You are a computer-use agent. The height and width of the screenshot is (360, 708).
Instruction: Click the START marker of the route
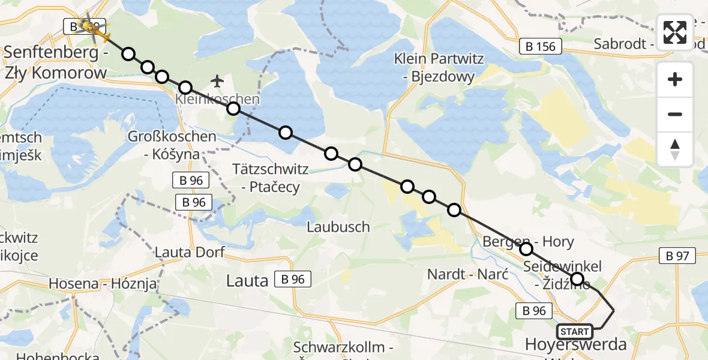click(x=575, y=331)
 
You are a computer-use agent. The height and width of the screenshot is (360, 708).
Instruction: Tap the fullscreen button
click(x=675, y=32)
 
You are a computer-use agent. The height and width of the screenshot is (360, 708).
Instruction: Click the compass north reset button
click(x=675, y=149)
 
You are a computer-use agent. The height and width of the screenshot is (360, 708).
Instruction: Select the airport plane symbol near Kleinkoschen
click(x=217, y=80)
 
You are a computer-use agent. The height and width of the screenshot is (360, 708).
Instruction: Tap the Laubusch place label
click(x=338, y=227)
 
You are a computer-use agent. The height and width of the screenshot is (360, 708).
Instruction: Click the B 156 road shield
click(x=541, y=46)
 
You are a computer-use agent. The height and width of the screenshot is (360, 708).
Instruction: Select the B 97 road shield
click(x=677, y=256)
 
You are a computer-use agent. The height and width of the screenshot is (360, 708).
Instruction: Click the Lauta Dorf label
click(x=190, y=253)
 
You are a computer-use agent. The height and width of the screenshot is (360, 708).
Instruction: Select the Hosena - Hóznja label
click(x=103, y=283)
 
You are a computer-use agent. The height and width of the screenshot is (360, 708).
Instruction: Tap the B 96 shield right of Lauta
click(x=293, y=278)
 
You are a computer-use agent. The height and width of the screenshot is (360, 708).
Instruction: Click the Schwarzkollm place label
click(x=343, y=347)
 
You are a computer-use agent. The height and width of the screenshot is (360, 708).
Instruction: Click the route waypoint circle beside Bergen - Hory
click(x=526, y=248)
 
